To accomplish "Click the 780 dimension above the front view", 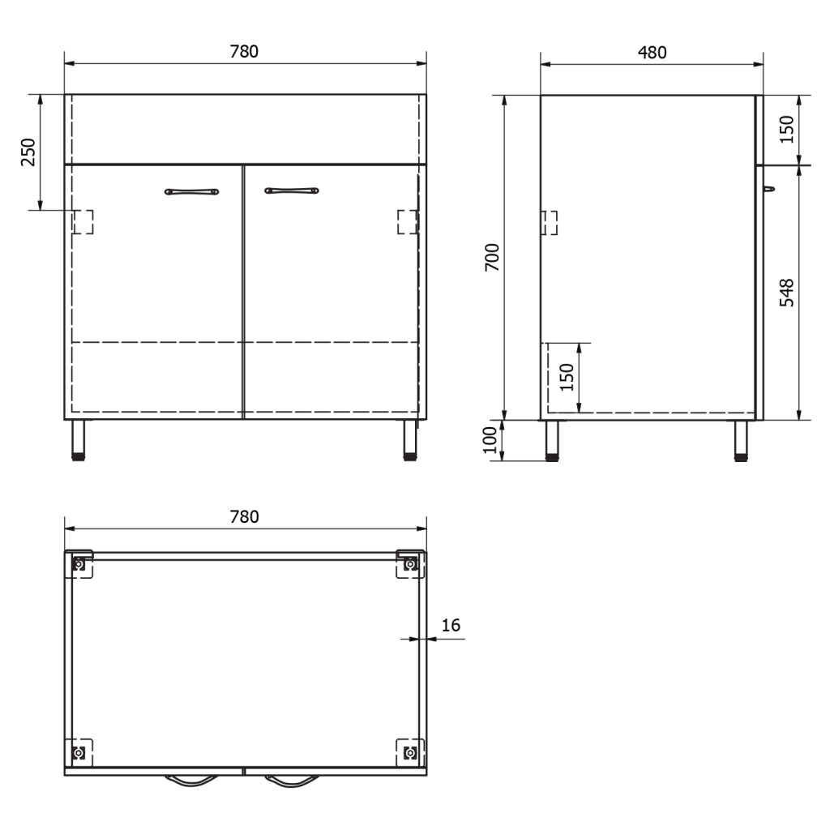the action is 244,52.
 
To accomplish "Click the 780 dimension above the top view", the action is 244,517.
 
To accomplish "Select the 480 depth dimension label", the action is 652,53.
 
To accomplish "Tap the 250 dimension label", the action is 28,152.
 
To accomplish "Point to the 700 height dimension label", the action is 493,257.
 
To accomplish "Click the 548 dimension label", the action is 787,293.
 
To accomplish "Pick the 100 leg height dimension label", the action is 490,440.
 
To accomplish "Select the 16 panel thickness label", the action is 451,625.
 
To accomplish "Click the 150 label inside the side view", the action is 567,377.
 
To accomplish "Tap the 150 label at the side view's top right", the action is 787,129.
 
